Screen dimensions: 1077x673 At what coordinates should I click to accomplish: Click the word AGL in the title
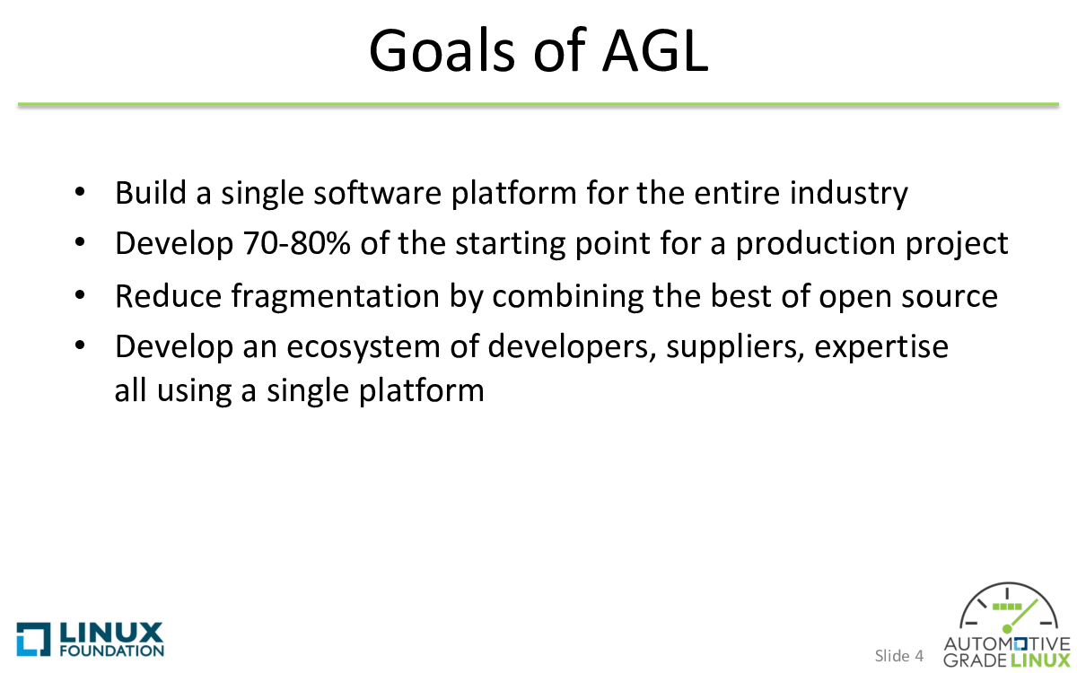point(656,50)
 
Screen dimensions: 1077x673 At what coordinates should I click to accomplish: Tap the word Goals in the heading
point(442,50)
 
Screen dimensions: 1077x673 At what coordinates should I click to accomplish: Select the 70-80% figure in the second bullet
point(297,242)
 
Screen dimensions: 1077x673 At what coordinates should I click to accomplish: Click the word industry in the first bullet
point(849,193)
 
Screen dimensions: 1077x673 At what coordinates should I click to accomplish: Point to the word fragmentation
point(336,296)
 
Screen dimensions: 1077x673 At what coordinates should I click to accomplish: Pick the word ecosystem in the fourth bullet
point(363,347)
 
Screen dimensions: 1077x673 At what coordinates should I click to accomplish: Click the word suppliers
point(735,347)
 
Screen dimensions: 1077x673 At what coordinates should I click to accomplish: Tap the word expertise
point(881,346)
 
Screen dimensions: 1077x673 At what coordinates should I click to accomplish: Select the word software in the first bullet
point(378,192)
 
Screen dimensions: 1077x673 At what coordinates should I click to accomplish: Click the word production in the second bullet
point(816,243)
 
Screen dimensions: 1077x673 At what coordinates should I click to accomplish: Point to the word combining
point(568,296)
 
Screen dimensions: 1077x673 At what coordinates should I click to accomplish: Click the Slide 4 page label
point(899,656)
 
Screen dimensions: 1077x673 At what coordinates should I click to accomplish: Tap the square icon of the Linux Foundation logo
point(34,639)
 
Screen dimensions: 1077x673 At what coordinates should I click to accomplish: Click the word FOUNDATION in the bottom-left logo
point(112,651)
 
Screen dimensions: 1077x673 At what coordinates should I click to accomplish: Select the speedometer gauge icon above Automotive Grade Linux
point(1008,607)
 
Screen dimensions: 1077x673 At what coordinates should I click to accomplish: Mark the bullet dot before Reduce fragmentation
point(80,294)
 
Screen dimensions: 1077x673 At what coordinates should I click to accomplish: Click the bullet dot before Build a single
point(80,192)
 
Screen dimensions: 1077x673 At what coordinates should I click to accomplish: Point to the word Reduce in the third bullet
point(169,296)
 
